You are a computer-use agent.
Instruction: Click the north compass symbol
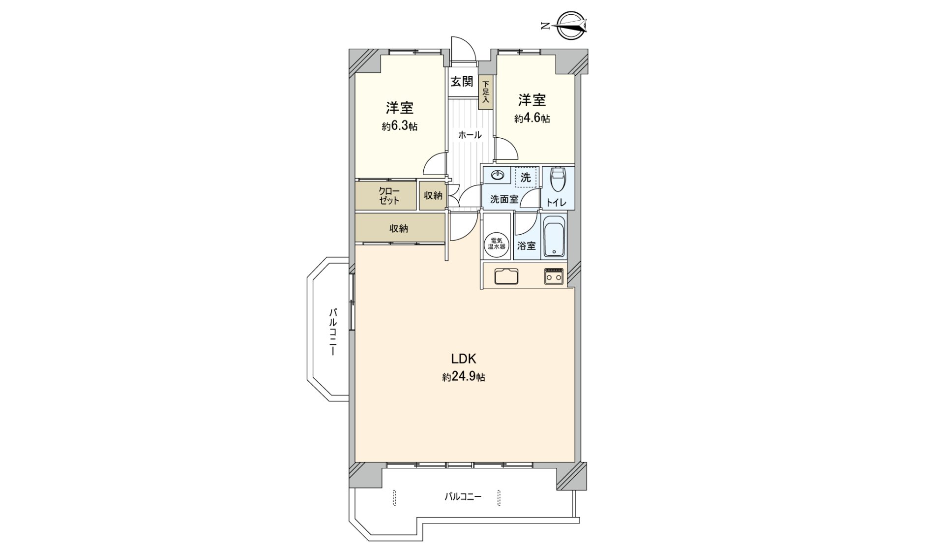(572, 26)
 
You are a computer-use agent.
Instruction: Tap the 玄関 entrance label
(462, 82)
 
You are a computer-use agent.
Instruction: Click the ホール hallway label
(470, 135)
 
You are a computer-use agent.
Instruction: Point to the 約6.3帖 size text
(400, 126)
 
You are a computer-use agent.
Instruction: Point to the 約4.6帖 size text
(532, 119)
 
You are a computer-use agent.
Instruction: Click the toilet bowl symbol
(558, 181)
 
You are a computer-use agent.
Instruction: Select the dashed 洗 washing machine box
(526, 178)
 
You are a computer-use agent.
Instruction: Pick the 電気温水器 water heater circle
(496, 244)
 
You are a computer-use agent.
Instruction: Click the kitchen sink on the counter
(506, 276)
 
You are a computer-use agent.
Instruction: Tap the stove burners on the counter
(554, 276)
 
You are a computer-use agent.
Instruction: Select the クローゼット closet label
(389, 196)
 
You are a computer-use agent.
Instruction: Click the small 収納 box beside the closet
(433, 196)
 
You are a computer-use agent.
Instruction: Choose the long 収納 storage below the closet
(399, 228)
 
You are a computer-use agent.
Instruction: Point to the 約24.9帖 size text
(464, 377)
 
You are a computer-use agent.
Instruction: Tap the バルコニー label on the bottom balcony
(463, 496)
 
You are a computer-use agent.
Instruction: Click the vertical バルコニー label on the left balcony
(333, 332)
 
